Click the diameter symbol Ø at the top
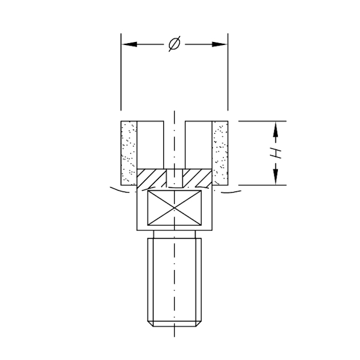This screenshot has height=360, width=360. pyautogui.click(x=174, y=45)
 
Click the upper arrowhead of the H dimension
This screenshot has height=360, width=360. pyautogui.click(x=276, y=128)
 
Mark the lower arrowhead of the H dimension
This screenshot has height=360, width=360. pyautogui.click(x=276, y=178)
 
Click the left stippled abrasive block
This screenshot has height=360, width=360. pyautogui.click(x=129, y=152)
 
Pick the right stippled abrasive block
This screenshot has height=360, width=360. pyautogui.click(x=220, y=152)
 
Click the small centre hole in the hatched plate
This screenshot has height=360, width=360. pyautogui.click(x=175, y=177)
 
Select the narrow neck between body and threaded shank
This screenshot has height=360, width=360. pyautogui.click(x=175, y=234)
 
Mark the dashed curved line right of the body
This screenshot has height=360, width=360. pyautogui.click(x=231, y=191)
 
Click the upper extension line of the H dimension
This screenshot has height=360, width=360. pyautogui.click(x=258, y=121)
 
